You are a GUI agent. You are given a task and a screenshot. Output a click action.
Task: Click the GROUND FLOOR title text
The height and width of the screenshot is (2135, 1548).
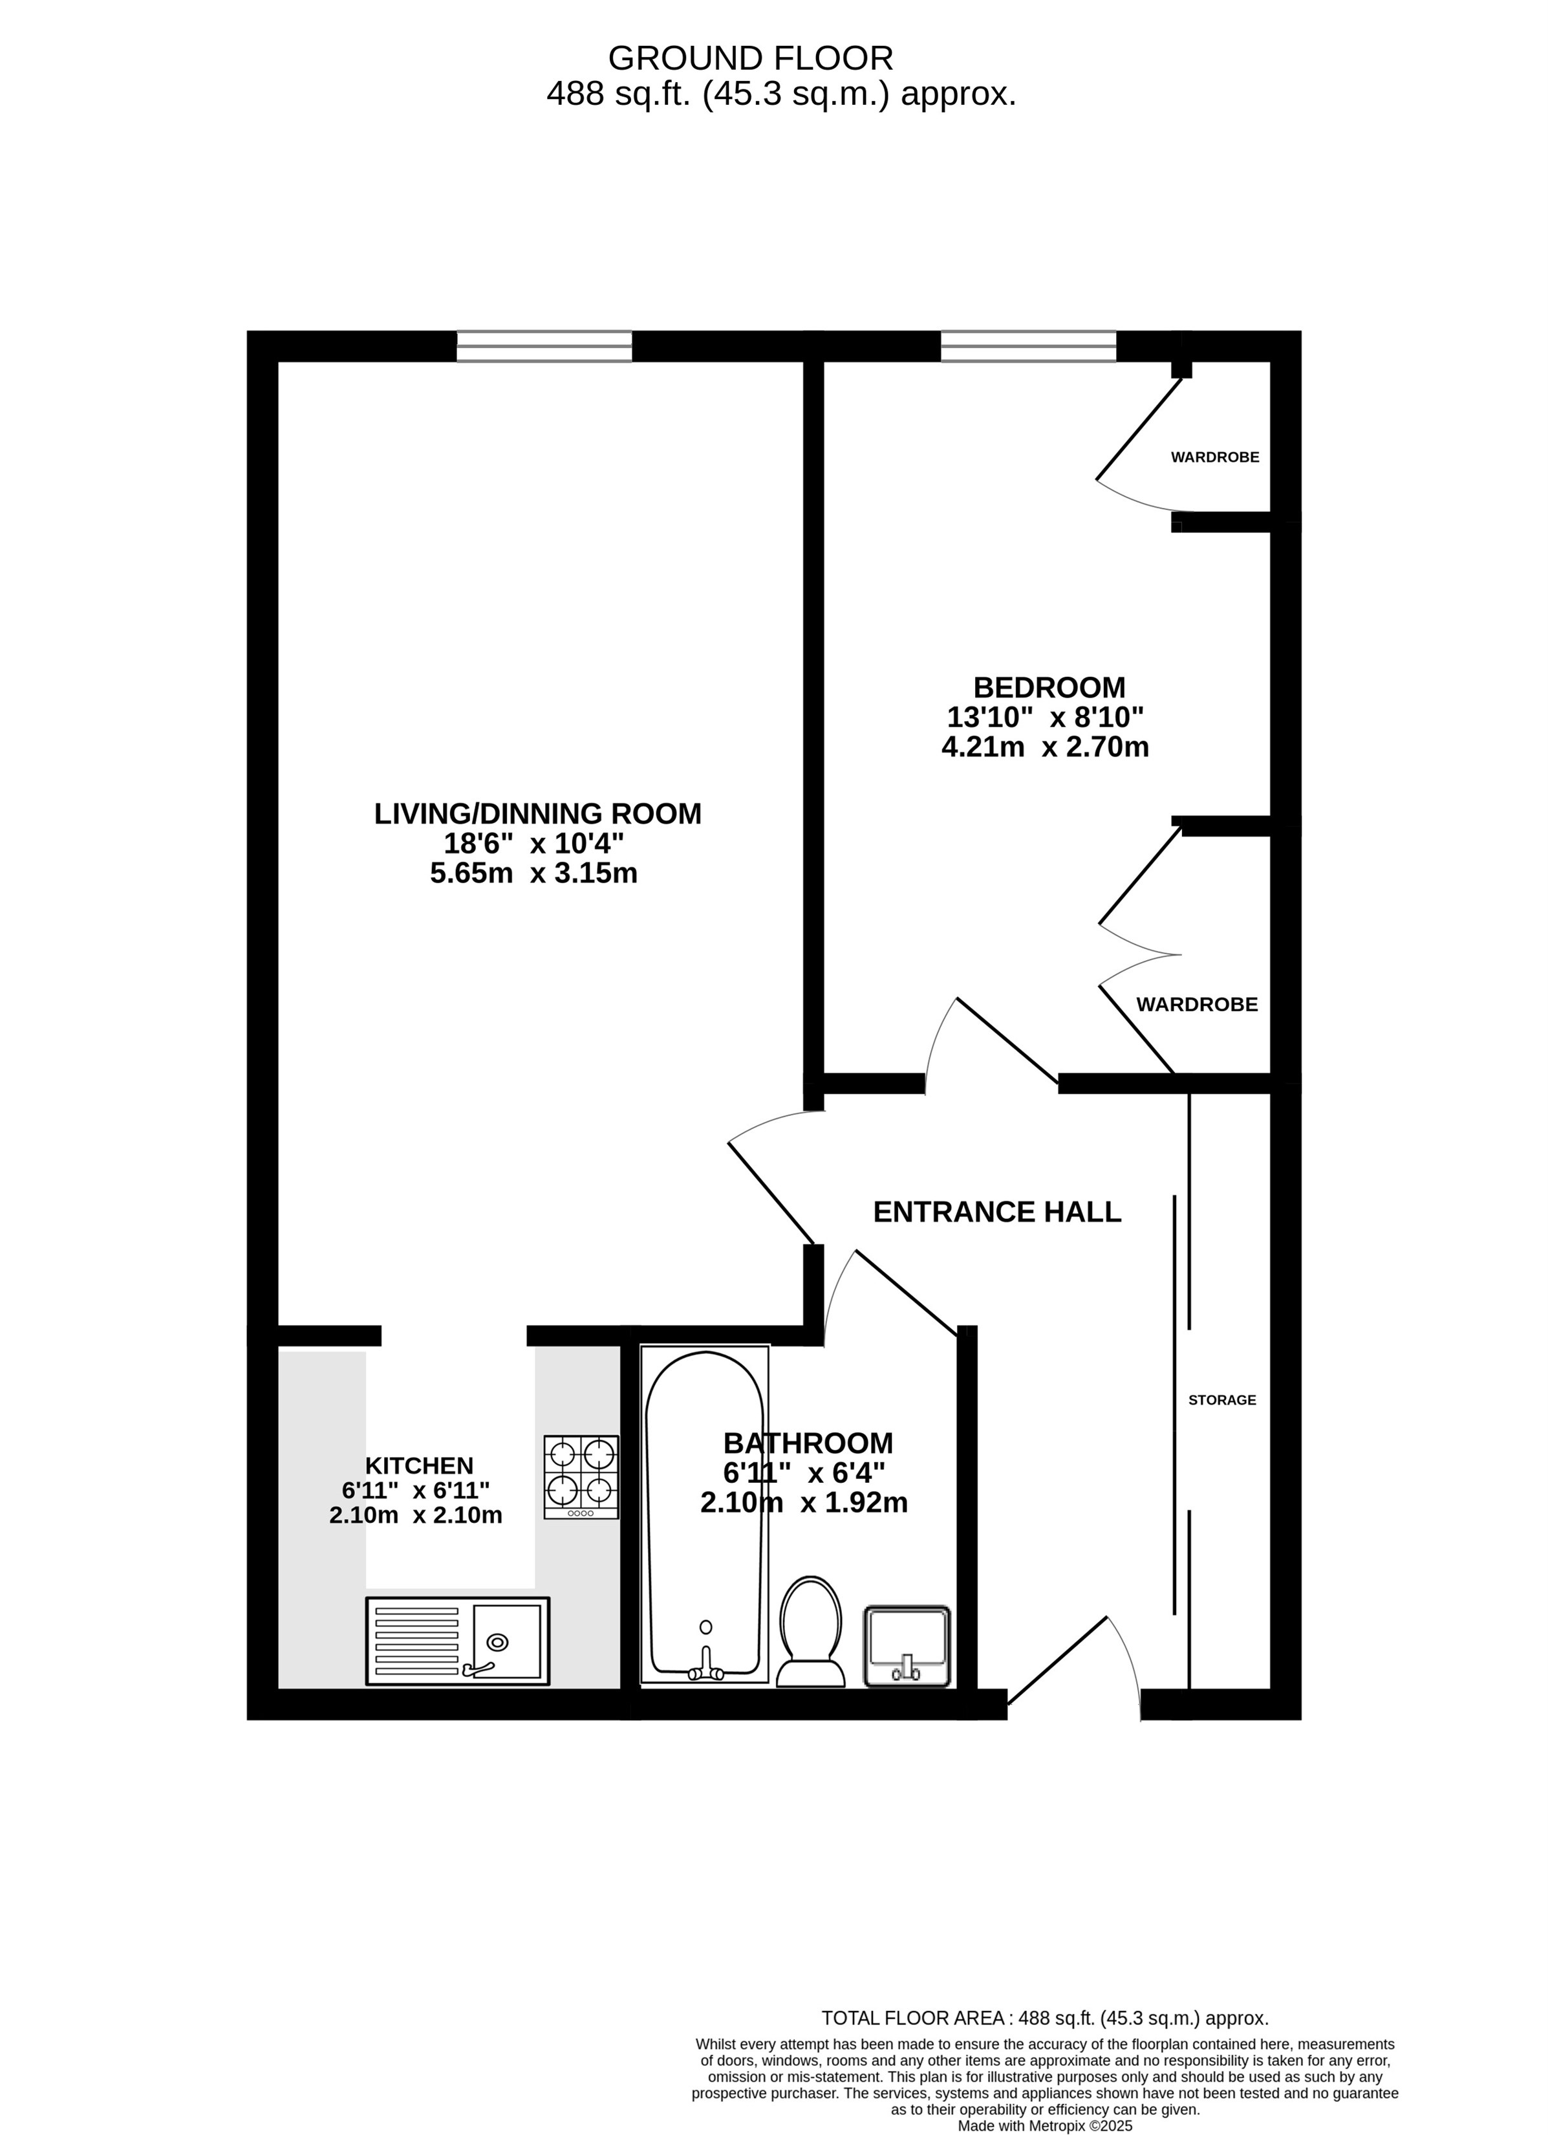click(x=750, y=58)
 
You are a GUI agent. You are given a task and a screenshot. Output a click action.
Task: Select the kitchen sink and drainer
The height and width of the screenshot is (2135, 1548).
click(x=457, y=1641)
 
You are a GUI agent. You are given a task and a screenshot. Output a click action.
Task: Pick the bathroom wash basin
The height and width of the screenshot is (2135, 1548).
click(x=907, y=1647)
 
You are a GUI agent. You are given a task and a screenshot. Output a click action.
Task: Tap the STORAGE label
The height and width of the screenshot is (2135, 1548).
click(x=1221, y=1400)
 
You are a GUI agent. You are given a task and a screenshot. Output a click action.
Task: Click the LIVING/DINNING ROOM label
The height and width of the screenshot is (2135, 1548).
click(x=537, y=813)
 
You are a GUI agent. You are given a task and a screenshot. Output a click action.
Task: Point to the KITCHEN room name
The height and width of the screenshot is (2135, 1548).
click(x=419, y=1465)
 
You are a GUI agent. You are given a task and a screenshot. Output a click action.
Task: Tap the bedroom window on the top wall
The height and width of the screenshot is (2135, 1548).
click(x=1029, y=346)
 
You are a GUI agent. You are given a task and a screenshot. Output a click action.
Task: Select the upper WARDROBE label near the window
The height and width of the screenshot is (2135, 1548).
click(x=1215, y=457)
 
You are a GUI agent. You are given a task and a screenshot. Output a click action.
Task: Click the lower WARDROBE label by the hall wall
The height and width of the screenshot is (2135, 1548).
click(x=1197, y=1005)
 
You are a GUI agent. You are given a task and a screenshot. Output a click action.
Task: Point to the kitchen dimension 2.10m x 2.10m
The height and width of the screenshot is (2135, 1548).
click(x=415, y=1516)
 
